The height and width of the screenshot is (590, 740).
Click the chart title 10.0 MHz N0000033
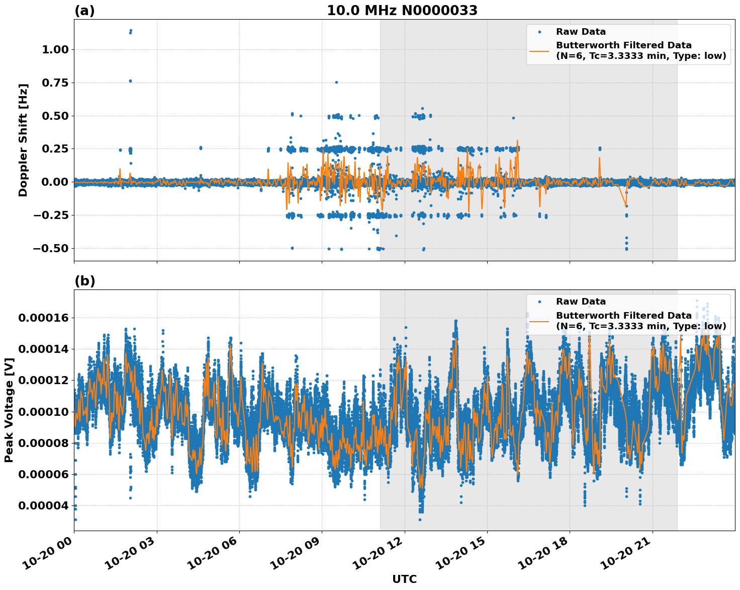point(402,11)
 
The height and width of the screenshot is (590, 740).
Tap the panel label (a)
point(84,11)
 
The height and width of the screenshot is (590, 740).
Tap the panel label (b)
point(84,281)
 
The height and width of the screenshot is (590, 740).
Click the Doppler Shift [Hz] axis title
point(23,140)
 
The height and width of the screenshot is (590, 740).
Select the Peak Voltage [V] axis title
point(9,410)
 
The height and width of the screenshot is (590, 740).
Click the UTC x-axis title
point(404,579)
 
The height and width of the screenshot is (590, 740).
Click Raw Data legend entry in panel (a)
point(581,32)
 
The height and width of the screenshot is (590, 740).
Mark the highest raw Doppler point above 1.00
point(131,30)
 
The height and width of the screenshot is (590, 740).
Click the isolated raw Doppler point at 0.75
point(336,82)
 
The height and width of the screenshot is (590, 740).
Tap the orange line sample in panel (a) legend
point(539,50)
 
